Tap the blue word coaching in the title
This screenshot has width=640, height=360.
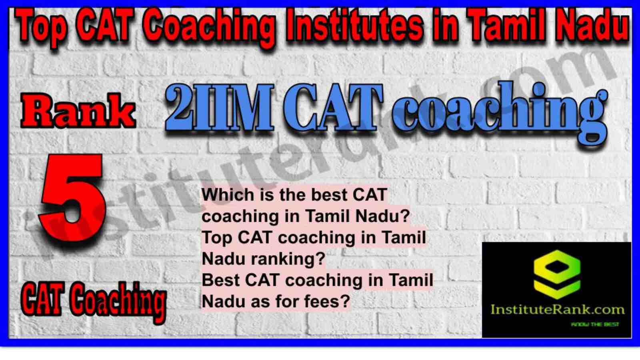click(500, 114)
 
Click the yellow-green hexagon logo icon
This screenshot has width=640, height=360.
click(557, 274)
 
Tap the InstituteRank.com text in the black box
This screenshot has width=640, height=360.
click(557, 310)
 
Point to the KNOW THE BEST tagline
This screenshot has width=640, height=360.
click(595, 324)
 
